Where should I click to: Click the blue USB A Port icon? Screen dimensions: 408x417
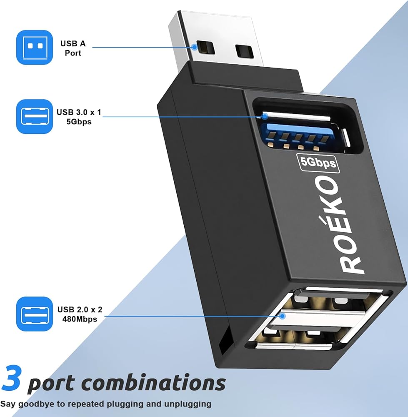pos(35,48)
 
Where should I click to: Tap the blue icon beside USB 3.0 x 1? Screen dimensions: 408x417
pos(35,116)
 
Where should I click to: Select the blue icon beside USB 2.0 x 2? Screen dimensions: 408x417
pos(35,314)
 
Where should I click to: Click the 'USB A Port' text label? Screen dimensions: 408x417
pos(70,48)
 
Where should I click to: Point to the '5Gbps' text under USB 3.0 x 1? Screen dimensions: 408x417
pos(79,122)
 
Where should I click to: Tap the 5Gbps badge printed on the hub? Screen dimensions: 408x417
pos(318,163)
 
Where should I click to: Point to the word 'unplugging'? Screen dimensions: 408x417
pos(190,404)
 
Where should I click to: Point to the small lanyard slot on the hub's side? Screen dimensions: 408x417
pos(225,340)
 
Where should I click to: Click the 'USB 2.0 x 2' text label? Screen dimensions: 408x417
pos(80,309)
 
